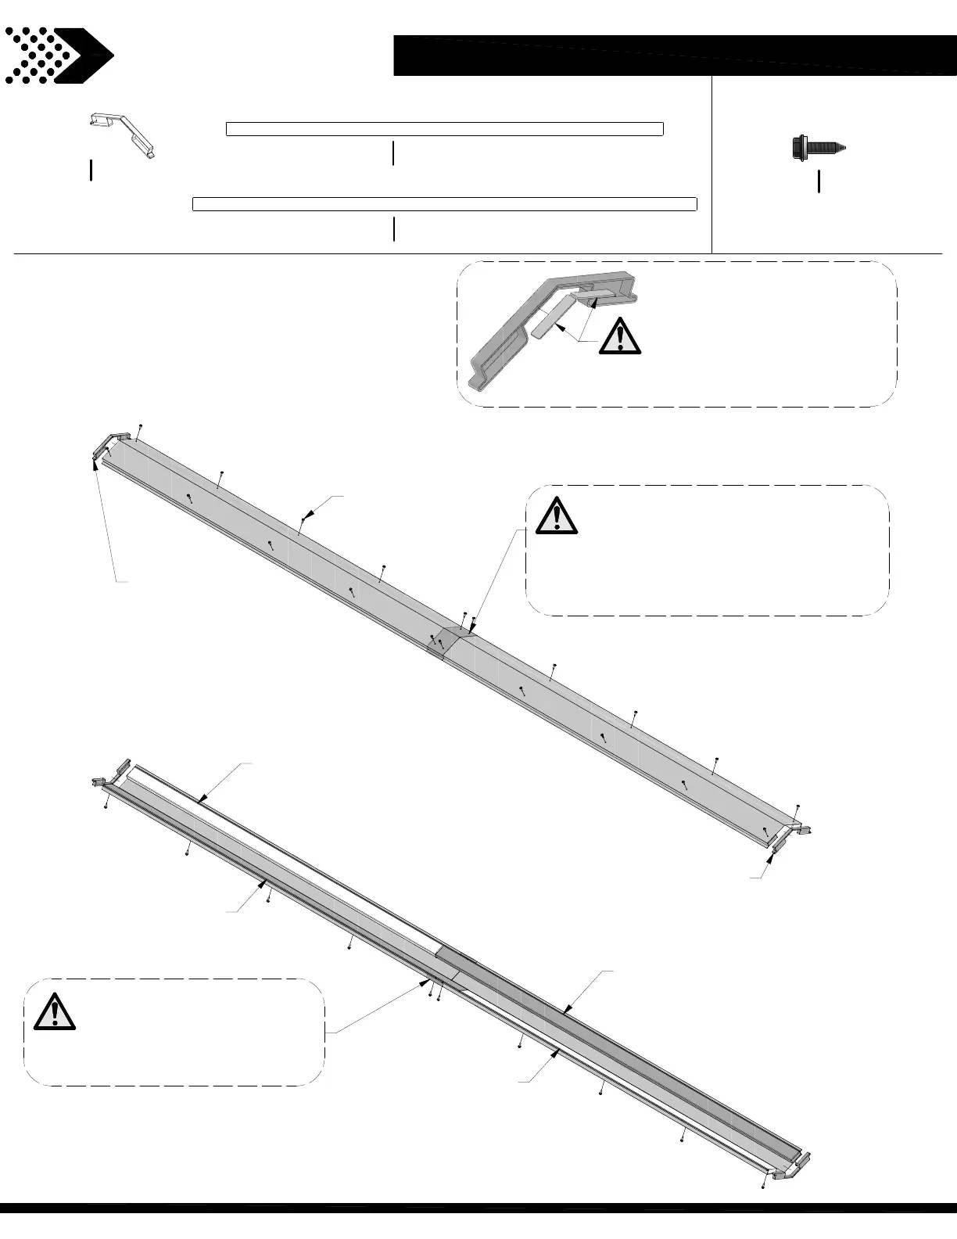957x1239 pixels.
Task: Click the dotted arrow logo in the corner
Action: [x=58, y=55]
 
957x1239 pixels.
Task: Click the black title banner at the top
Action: [x=674, y=55]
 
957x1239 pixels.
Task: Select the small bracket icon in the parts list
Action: [x=121, y=133]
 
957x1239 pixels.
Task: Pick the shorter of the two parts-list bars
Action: [x=444, y=129]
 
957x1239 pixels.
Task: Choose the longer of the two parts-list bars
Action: [x=444, y=204]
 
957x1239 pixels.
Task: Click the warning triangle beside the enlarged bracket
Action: [x=620, y=336]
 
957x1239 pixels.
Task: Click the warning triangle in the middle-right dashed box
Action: [x=556, y=515]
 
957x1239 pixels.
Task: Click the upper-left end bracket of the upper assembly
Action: [x=108, y=444]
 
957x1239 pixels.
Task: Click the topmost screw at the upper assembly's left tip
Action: [x=140, y=426]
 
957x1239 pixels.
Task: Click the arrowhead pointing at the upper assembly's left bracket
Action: [x=95, y=463]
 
